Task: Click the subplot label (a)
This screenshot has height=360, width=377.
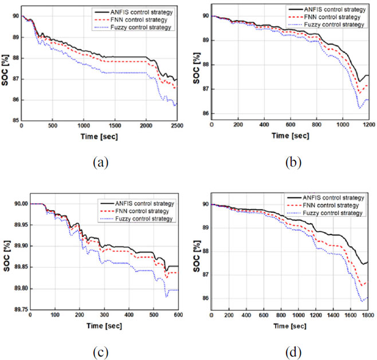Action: point(100,162)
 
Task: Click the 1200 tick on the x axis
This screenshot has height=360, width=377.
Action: point(369,125)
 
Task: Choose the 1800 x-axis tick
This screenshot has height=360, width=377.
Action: point(369,315)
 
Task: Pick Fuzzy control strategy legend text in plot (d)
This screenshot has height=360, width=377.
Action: point(331,213)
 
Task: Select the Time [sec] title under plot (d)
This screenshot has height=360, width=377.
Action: point(290,327)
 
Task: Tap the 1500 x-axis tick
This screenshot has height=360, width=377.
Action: point(115,125)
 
